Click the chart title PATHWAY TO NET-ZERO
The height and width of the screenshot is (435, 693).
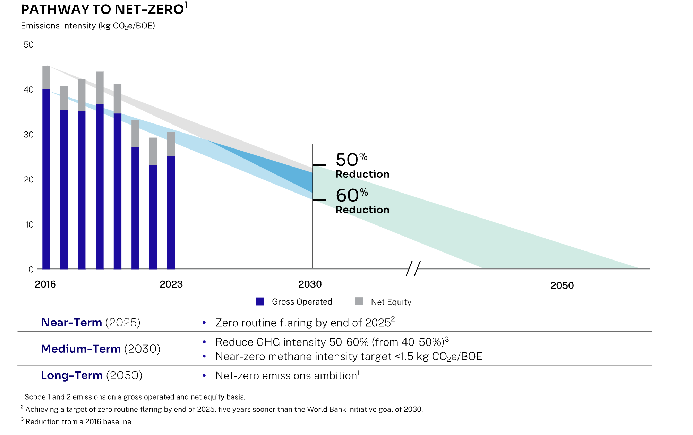102,9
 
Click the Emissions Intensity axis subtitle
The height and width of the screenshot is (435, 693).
88,26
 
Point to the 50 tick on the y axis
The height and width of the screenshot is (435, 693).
28,45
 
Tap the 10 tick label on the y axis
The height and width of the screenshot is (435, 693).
29,224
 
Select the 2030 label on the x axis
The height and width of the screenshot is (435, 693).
310,284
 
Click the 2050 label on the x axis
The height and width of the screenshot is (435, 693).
562,286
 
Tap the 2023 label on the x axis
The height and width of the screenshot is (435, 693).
171,284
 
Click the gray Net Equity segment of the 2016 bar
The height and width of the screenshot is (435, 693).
46,77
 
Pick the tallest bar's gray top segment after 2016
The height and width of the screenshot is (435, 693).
100,87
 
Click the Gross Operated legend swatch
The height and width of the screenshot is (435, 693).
260,301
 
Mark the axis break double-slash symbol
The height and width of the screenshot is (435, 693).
413,269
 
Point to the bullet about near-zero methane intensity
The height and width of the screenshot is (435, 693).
349,357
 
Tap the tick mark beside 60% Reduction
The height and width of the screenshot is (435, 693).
319,200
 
